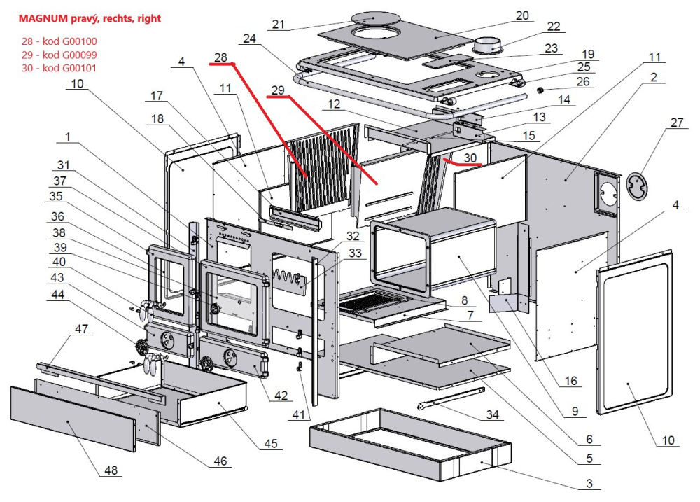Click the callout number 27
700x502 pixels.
(675, 123)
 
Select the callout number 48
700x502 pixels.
(109, 470)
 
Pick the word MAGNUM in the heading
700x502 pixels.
(44, 18)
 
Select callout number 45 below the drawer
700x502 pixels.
(271, 444)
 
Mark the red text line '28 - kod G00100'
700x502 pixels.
(59, 41)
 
